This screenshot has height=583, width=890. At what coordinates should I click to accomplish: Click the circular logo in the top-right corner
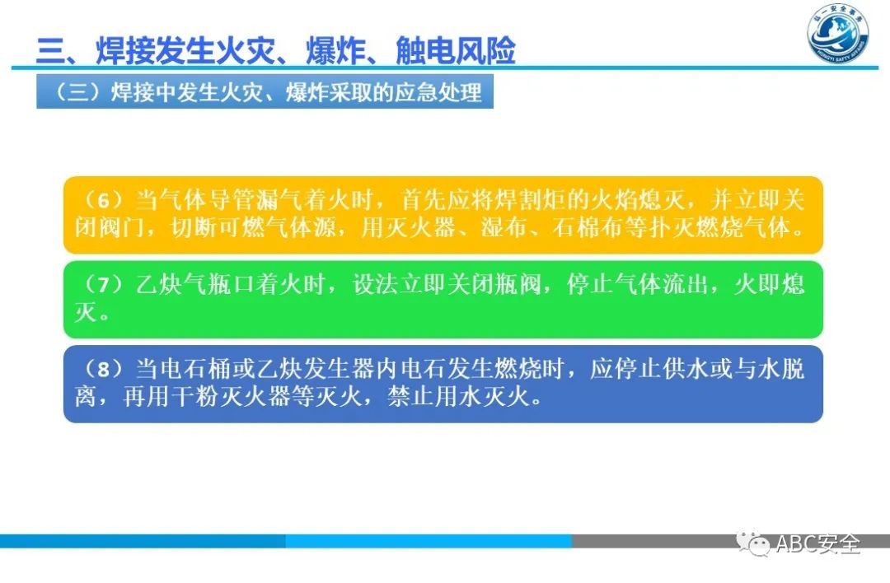click(838, 35)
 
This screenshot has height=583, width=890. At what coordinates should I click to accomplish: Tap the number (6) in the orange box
click(97, 201)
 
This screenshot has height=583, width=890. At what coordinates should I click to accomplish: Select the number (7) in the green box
click(97, 285)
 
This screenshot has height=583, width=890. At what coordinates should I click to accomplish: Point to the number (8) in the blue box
click(97, 369)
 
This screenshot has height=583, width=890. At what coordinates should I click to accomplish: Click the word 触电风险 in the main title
click(455, 51)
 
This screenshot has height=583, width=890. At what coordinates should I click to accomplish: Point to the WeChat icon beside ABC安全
click(752, 543)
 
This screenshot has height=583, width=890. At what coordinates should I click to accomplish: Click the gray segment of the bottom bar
click(659, 541)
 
